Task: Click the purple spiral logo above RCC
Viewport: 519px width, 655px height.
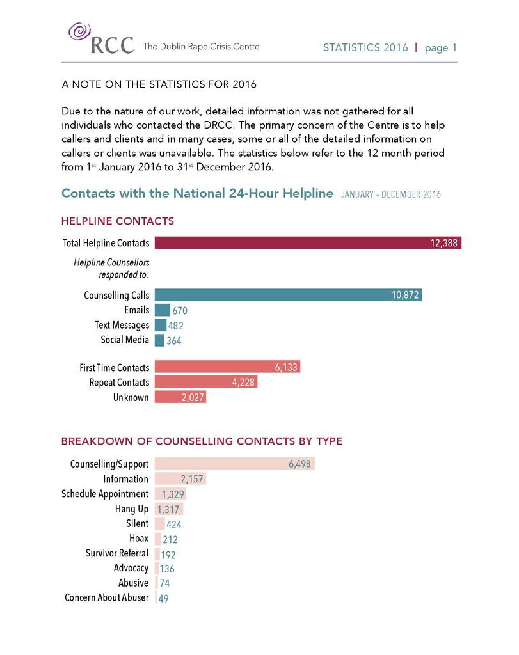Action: [78, 31]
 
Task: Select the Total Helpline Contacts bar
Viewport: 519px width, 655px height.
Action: [307, 243]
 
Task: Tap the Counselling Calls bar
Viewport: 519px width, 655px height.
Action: [288, 295]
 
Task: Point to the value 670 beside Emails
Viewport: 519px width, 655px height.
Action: [180, 311]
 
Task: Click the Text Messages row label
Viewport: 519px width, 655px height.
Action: [122, 326]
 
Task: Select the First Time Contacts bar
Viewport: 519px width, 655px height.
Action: [227, 367]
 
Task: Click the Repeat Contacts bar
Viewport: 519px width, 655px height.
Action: [205, 383]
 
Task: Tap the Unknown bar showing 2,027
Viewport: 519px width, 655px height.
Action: [180, 398]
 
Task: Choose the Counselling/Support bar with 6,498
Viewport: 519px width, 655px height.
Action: [234, 464]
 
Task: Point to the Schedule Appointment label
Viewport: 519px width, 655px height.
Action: [105, 494]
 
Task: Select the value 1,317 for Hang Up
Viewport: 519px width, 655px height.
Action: [170, 510]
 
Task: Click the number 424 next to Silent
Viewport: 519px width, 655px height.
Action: [174, 525]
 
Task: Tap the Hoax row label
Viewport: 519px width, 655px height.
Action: [138, 539]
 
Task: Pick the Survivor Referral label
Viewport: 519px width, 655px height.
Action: [117, 553]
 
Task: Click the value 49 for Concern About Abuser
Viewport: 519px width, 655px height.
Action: [164, 598]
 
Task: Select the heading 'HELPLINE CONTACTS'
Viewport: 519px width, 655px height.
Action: [117, 221]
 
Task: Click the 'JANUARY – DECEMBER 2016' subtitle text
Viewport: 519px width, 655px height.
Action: [391, 194]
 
